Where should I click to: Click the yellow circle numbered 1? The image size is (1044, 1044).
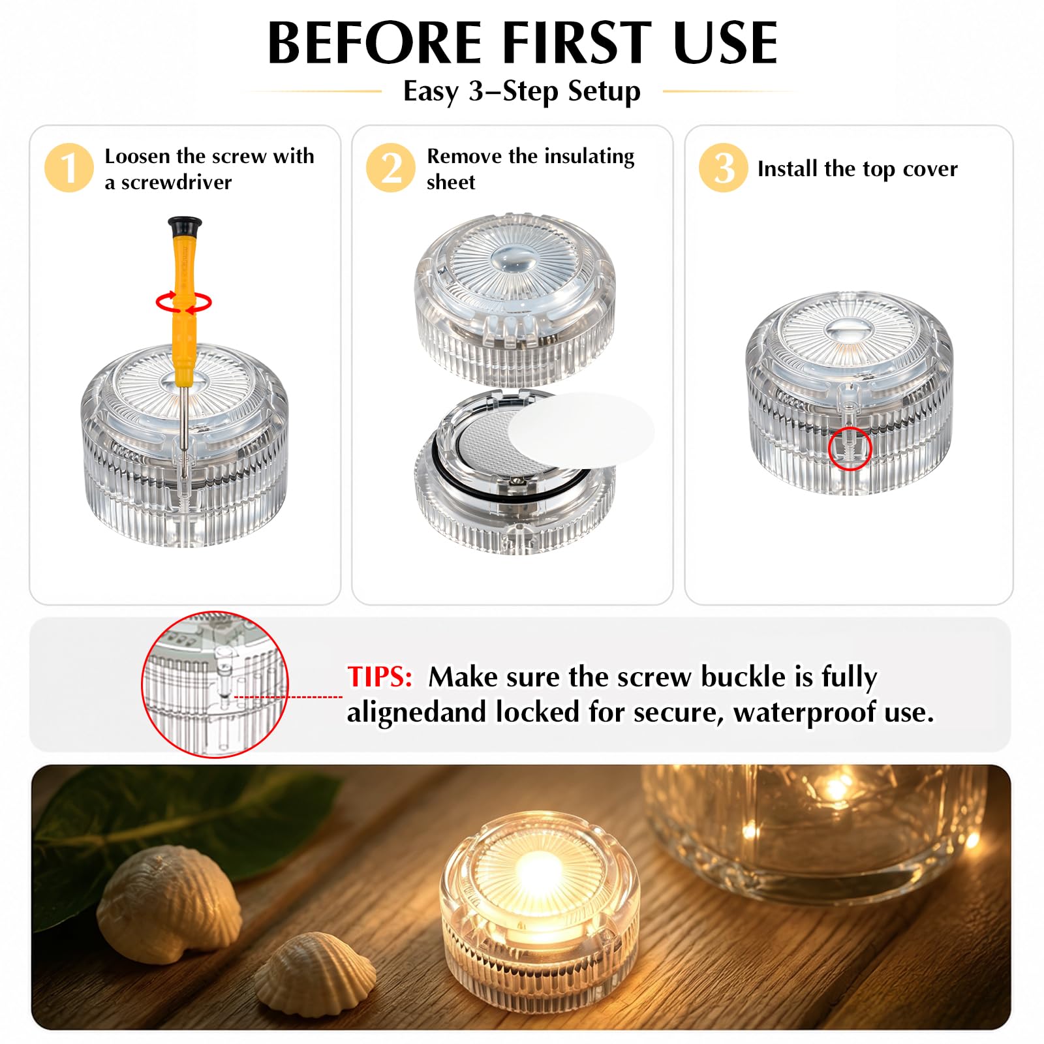(69, 168)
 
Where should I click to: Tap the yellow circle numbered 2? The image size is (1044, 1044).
(390, 168)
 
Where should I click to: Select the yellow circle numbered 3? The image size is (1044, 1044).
(723, 168)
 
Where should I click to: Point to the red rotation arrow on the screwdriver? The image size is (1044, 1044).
(183, 303)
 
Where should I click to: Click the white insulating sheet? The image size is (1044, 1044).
(581, 429)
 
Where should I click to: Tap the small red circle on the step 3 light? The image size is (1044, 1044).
(850, 449)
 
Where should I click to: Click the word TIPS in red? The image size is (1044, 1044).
(379, 677)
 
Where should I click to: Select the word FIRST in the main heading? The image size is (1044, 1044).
(577, 43)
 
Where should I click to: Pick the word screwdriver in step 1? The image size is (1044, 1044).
(176, 182)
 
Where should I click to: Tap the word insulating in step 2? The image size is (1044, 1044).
(589, 157)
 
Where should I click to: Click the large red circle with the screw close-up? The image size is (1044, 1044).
(215, 684)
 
